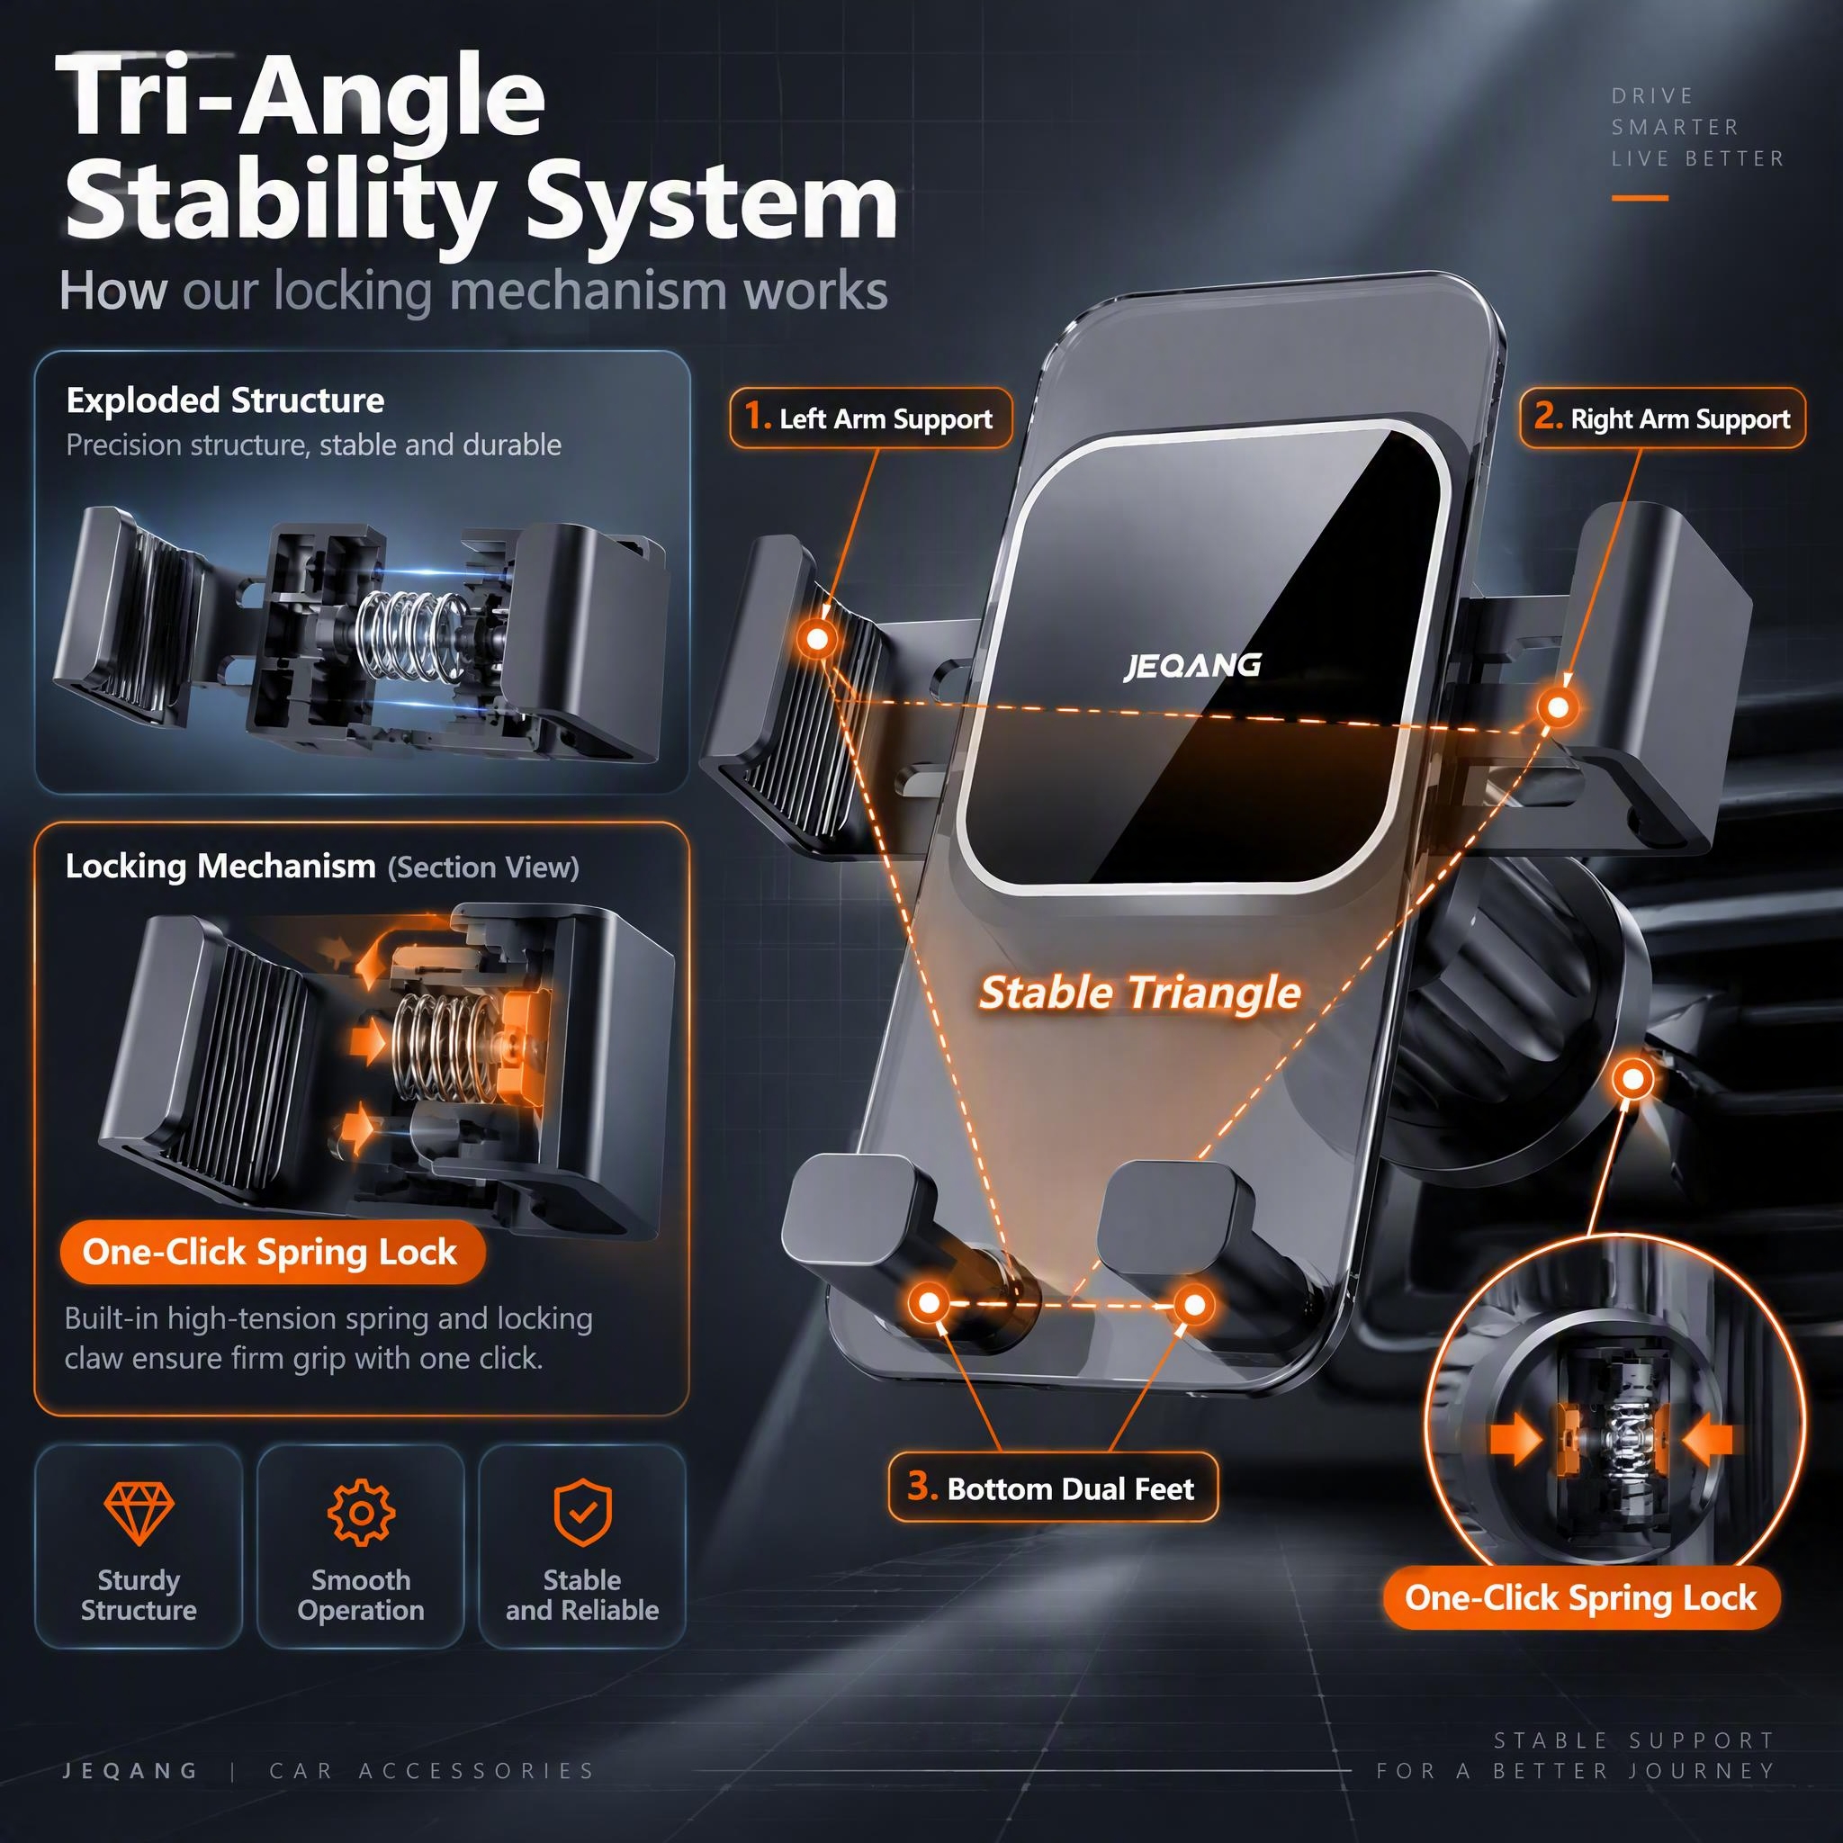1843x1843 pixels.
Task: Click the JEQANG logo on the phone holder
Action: click(x=1192, y=666)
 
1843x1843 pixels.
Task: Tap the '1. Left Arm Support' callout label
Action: click(x=870, y=418)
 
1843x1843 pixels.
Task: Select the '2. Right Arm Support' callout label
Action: click(x=1662, y=418)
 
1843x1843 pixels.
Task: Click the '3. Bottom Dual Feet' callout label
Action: click(x=1052, y=1488)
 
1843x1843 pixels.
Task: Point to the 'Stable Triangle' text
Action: click(x=1140, y=993)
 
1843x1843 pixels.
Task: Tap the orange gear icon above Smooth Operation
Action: click(x=361, y=1513)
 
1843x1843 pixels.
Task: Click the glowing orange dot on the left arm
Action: click(x=817, y=637)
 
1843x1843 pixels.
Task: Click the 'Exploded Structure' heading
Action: click(x=225, y=400)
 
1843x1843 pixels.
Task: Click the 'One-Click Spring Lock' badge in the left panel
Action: click(x=270, y=1252)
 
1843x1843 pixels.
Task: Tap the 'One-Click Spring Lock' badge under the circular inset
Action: click(x=1580, y=1597)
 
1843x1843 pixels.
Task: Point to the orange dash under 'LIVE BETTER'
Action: click(x=1640, y=198)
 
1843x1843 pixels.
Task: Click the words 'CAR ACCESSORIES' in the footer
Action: click(x=432, y=1771)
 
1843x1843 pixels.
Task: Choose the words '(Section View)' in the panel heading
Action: click(x=483, y=868)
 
